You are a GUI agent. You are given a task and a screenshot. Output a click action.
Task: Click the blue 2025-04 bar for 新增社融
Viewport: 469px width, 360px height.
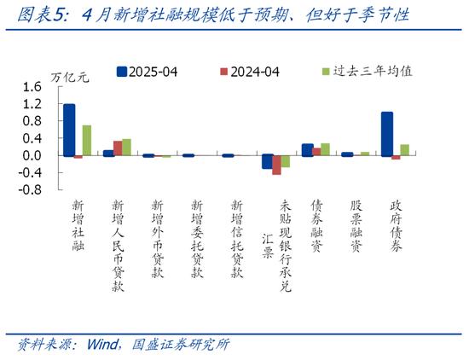point(69,131)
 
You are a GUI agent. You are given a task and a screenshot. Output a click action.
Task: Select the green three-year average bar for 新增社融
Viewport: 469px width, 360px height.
point(87,141)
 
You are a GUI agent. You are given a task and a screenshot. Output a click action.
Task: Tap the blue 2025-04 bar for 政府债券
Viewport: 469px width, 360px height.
point(387,134)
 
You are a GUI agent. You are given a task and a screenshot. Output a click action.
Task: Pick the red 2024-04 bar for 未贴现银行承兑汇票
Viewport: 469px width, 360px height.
point(276,165)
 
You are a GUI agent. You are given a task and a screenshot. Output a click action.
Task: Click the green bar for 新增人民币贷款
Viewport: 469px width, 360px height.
point(126,148)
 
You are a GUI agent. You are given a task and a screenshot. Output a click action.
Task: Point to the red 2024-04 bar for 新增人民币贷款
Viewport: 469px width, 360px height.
point(118,148)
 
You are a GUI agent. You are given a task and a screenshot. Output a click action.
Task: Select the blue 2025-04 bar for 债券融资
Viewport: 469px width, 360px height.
point(308,150)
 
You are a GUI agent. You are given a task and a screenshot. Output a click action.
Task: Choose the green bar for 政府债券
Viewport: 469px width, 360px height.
point(405,150)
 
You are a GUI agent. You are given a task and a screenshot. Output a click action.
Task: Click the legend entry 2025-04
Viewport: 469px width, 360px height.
point(147,72)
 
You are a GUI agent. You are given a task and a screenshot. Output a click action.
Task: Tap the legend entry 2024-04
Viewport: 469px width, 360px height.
point(250,72)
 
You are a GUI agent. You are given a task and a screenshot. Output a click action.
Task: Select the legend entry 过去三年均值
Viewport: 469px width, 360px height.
point(368,71)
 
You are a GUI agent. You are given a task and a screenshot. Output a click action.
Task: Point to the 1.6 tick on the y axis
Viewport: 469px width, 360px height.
point(32,87)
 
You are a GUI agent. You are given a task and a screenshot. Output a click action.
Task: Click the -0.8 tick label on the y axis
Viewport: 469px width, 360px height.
point(30,189)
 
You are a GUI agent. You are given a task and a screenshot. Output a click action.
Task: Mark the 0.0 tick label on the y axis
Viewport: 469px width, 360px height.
point(32,155)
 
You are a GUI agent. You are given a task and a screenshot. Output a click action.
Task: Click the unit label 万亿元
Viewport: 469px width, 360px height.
point(70,78)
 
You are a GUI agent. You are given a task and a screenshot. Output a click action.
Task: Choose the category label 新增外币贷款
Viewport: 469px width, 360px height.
point(158,239)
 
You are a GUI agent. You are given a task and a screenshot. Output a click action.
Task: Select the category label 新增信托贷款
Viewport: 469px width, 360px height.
point(237,239)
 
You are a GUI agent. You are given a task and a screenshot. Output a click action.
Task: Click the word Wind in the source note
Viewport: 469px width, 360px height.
point(102,345)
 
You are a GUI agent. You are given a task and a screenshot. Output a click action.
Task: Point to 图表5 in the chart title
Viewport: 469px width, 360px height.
point(40,15)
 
